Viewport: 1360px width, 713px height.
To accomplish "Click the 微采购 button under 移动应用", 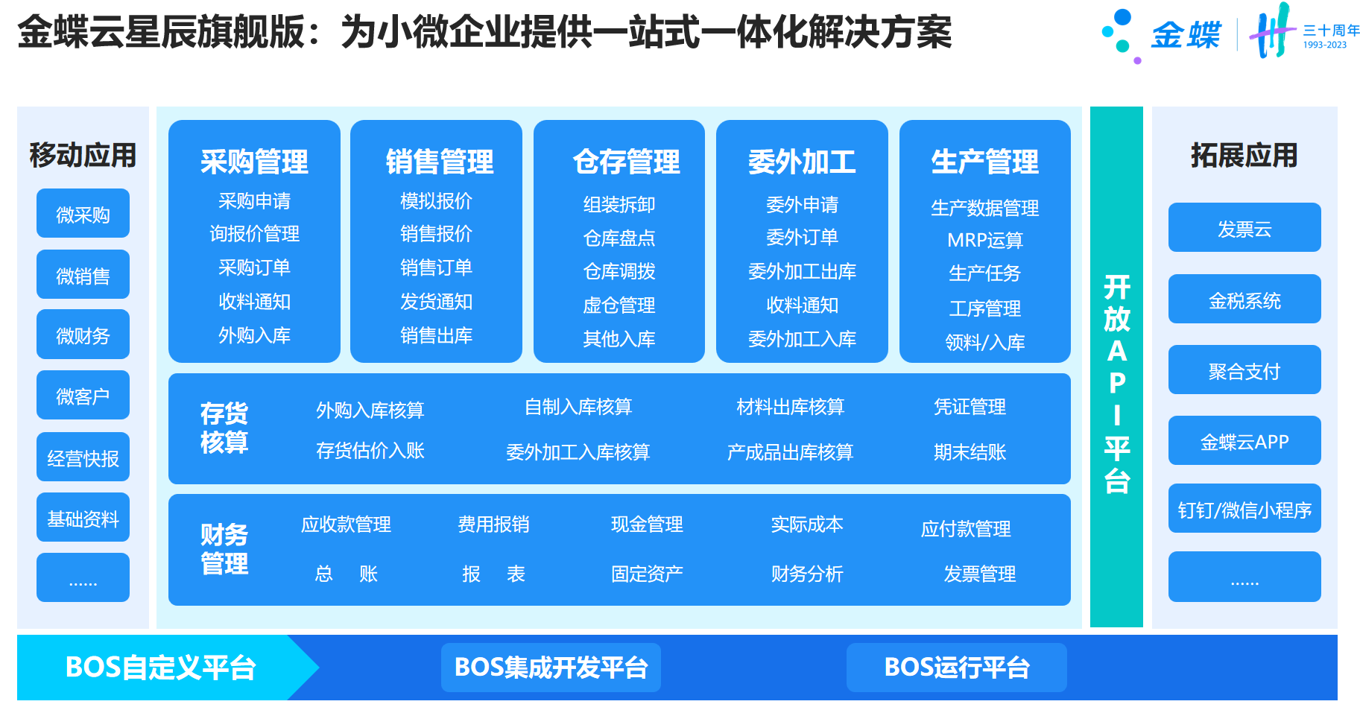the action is coord(83,214).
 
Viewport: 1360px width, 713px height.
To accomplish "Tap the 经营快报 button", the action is coord(83,457).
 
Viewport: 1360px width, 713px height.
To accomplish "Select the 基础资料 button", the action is coord(83,518).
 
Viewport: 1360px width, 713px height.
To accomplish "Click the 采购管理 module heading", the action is coord(254,162).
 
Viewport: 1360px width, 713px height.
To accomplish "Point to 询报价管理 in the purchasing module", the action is coord(254,234).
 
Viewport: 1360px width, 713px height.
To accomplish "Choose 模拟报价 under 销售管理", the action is coord(436,201).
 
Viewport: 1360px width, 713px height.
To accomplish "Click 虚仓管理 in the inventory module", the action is coord(619,305).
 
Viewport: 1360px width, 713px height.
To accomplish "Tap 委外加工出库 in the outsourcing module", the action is coord(802,271).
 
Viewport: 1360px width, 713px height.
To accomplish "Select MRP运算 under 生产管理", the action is coord(985,240).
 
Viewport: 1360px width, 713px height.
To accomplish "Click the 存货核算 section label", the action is coord(224,428).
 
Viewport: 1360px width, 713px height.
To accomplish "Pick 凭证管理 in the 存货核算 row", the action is coord(970,407).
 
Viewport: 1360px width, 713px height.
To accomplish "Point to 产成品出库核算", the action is coord(790,452).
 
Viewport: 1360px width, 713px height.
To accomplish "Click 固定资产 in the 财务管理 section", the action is coord(647,574).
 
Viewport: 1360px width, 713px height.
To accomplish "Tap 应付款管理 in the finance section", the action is coord(966,529).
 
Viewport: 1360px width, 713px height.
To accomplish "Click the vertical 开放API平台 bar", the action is coord(1116,367).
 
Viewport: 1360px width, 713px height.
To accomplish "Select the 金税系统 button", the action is coord(1244,299).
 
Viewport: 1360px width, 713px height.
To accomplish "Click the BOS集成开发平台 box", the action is coord(551,668).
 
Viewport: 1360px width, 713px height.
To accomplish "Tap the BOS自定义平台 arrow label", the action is coord(160,668).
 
